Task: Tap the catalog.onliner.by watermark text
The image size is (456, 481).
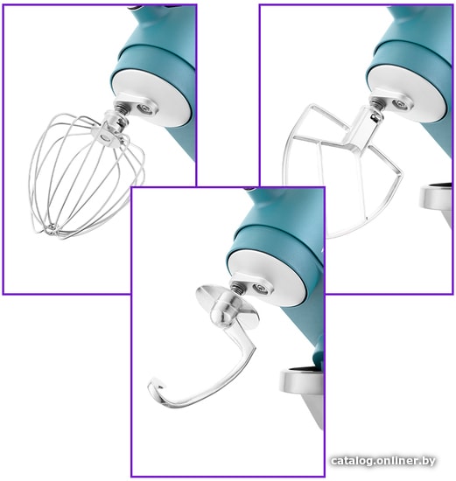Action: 383,461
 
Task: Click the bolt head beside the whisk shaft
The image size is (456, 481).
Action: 144,108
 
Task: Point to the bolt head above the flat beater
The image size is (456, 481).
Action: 400,104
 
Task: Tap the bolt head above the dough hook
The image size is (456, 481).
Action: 261,288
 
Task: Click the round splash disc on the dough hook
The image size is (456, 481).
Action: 228,307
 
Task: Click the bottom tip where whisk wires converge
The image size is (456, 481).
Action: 53,230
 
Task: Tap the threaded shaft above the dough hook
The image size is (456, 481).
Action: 237,287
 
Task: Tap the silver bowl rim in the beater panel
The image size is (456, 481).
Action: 435,197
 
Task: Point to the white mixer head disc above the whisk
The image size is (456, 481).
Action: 152,98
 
